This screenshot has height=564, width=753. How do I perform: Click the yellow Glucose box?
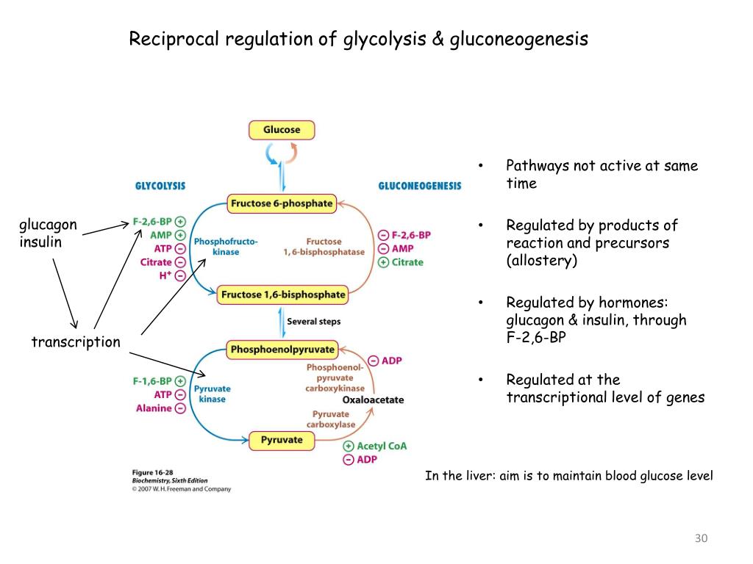(x=282, y=130)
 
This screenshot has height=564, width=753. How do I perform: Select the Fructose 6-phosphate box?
(x=282, y=203)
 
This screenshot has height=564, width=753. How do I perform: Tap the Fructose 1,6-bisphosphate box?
(x=282, y=294)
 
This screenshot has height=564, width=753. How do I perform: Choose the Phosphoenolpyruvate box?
(x=282, y=350)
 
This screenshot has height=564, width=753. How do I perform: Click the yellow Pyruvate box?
(x=282, y=440)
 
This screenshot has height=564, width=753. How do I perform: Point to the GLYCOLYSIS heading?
(x=160, y=187)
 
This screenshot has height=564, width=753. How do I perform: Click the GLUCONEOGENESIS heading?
(x=420, y=187)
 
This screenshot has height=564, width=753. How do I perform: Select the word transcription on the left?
(x=75, y=342)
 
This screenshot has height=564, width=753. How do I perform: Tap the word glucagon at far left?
(x=48, y=225)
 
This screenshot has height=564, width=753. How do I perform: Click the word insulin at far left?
(x=40, y=242)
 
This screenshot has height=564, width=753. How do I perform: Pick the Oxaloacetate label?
(x=373, y=400)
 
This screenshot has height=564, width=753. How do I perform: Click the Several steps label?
(x=313, y=322)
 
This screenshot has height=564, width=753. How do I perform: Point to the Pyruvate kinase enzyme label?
(x=212, y=394)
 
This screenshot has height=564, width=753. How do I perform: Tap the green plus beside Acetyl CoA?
(x=348, y=446)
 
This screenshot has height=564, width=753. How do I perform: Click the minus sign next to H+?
(x=180, y=276)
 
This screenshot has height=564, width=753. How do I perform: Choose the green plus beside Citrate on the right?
(x=383, y=262)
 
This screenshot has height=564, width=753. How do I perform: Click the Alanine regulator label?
(x=153, y=408)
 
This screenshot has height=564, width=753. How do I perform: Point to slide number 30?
(x=700, y=540)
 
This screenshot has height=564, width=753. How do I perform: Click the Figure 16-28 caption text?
(x=153, y=472)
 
